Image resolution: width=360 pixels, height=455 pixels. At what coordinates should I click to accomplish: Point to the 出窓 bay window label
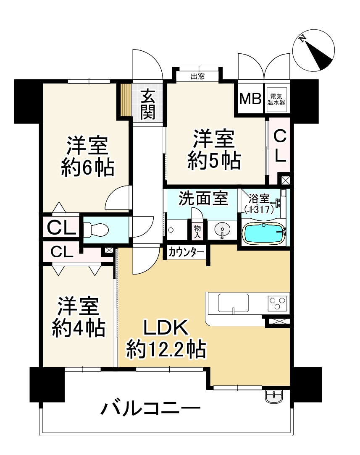[197, 76]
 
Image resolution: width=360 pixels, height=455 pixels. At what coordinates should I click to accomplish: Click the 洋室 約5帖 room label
[214, 149]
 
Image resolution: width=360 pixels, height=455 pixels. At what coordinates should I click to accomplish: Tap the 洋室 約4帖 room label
[78, 317]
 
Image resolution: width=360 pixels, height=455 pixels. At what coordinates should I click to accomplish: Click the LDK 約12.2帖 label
[166, 338]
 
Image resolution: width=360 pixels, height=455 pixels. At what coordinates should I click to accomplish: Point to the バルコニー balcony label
[150, 408]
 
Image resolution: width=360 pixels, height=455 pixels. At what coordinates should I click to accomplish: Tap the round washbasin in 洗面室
[222, 230]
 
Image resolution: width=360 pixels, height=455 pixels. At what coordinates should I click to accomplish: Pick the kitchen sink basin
[233, 303]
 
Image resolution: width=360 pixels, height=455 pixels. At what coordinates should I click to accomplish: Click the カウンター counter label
[187, 252]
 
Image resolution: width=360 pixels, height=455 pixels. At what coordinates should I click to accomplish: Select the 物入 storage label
[197, 231]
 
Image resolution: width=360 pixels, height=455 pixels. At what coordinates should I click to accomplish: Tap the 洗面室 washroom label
[203, 198]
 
